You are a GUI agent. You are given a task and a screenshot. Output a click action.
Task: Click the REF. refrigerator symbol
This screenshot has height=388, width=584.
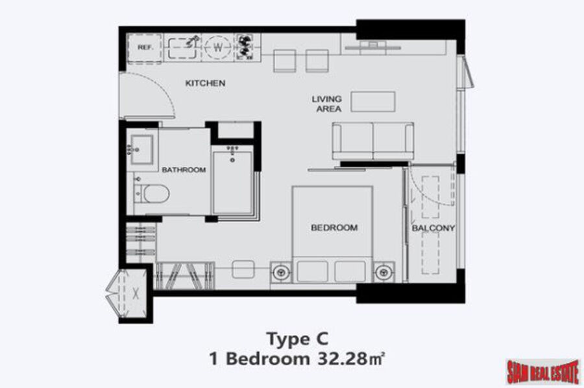tap(145, 47)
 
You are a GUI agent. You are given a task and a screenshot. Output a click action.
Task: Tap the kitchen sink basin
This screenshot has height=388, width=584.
tap(182, 48)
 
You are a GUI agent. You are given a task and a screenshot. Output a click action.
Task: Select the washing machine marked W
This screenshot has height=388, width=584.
tap(218, 47)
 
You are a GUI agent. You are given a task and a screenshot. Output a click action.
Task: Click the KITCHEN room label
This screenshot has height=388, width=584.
tap(205, 84)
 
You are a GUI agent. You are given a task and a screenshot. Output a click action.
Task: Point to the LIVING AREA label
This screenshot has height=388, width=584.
tap(326, 104)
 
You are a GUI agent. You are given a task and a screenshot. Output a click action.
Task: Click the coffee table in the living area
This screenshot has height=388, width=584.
tap(373, 102)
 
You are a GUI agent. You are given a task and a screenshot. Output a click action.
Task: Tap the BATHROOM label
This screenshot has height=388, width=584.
tap(184, 170)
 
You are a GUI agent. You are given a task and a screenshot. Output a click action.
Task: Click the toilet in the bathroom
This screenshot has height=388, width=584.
tap(152, 194)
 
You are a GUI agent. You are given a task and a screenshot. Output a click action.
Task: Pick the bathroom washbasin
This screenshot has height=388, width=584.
tap(141, 150)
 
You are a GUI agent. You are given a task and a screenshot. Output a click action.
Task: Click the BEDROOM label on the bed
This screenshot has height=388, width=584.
tap(334, 227)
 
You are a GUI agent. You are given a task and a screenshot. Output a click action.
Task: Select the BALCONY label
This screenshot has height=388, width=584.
tap(433, 228)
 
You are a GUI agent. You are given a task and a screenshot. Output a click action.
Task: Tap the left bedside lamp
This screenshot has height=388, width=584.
tap(282, 273)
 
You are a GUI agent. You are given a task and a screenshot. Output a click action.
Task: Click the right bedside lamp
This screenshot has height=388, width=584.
tap(383, 273)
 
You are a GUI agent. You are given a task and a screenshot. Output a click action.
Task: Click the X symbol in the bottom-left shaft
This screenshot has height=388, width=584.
tap(136, 294)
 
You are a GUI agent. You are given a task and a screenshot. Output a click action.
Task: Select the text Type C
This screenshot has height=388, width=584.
tap(298, 339)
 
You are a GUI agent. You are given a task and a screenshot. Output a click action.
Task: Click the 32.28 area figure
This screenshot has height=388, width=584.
tap(342, 359)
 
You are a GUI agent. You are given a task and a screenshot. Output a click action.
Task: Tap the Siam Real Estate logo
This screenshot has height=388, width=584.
tap(543, 371)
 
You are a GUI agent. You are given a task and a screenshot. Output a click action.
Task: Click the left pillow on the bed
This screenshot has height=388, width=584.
tap(313, 271)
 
